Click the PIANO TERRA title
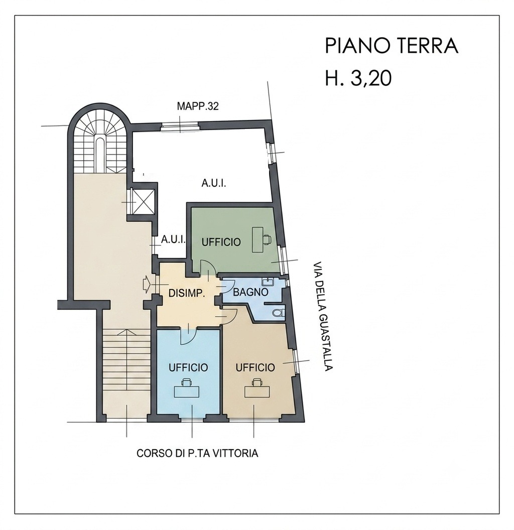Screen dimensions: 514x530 (x=392, y=46)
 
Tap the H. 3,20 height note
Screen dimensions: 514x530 (x=358, y=78)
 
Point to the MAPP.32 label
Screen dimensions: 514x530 (x=198, y=106)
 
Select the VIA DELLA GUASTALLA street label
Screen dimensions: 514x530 (x=323, y=316)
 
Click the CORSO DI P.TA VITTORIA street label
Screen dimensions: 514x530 (x=197, y=453)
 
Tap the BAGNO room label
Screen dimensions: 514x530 (x=250, y=292)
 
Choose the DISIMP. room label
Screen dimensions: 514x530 (x=187, y=294)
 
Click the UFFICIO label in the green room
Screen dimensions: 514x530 (x=221, y=242)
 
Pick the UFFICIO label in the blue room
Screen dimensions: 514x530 (x=188, y=367)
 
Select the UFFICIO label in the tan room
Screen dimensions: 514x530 (x=255, y=367)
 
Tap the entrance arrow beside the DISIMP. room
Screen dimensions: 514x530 (x=147, y=283)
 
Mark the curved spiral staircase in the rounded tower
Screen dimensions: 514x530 (x=99, y=142)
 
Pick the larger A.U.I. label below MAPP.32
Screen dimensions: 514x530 (x=214, y=184)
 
